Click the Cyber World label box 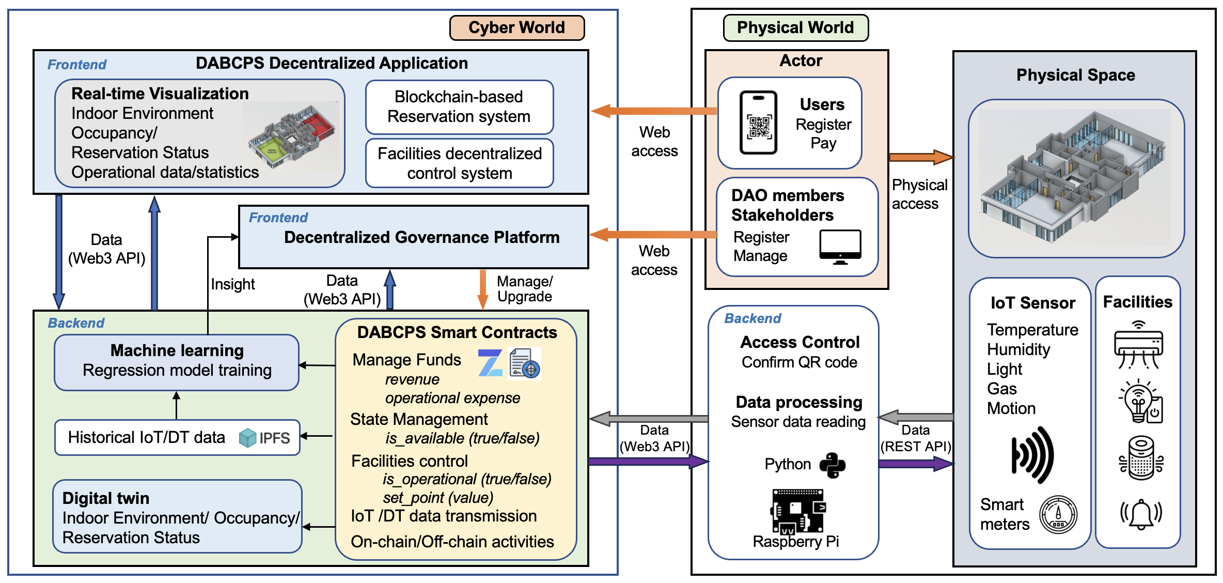(517, 28)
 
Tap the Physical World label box (795, 28)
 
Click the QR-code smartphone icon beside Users (758, 123)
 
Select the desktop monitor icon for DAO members (840, 247)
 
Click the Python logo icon (833, 465)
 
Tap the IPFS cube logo (248, 438)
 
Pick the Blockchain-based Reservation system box (459, 107)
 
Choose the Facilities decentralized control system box (459, 163)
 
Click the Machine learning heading (177, 350)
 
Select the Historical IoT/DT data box (177, 438)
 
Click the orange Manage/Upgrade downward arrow (483, 289)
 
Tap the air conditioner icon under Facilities (1138, 345)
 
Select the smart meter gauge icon (1058, 515)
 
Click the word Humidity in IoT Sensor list (1018, 350)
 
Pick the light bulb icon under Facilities (1140, 402)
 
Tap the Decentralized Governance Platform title (421, 237)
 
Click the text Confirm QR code (799, 362)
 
